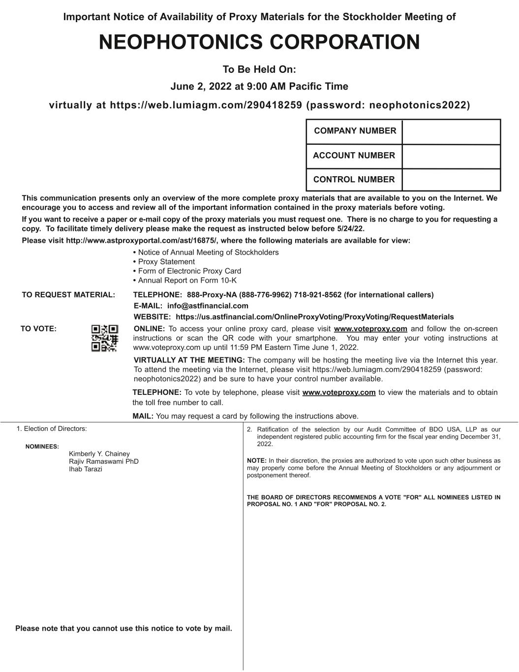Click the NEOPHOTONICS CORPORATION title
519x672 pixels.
[259, 42]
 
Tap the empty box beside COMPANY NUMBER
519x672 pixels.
[451, 132]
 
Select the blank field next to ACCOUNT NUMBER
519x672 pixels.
[451, 156]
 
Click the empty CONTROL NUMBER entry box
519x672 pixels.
[451, 180]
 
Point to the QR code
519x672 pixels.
[105, 338]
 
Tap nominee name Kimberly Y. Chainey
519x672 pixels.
[99, 454]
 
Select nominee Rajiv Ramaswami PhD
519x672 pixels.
[104, 461]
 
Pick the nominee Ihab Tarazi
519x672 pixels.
[86, 469]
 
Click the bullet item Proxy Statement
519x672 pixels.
[166, 262]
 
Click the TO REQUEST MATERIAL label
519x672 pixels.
[68, 295]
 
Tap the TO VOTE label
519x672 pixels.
[38, 329]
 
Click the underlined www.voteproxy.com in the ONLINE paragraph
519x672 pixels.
[370, 329]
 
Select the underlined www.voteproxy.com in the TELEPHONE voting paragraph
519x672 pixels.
[339, 392]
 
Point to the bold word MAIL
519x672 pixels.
[143, 416]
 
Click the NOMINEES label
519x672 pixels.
[42, 447]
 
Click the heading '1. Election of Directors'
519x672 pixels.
[52, 429]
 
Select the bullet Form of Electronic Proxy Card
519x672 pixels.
[189, 271]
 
